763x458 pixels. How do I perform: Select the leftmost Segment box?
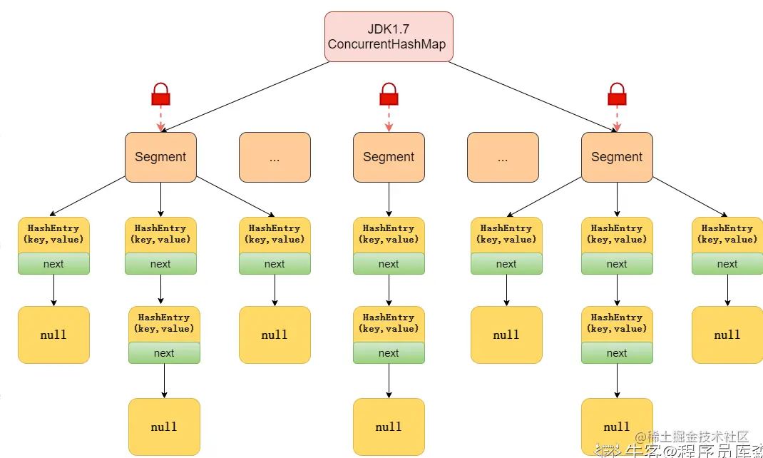click(x=160, y=157)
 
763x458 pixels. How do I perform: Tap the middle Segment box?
click(x=389, y=157)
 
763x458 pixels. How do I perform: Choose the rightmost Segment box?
click(x=617, y=157)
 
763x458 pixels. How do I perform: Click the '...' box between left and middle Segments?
click(x=275, y=157)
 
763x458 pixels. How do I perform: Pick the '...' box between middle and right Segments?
click(x=503, y=157)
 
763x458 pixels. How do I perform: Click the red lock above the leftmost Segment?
click(x=160, y=94)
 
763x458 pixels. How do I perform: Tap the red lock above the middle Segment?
click(x=389, y=94)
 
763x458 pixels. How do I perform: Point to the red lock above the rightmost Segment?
click(x=617, y=94)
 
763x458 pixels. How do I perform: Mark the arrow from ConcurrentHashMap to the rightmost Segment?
click(x=531, y=96)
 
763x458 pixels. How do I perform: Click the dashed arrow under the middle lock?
click(x=389, y=118)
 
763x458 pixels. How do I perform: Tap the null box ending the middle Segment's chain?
click(x=389, y=427)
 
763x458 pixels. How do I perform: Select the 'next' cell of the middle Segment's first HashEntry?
click(x=389, y=264)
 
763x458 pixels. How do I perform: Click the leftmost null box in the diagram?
click(x=53, y=335)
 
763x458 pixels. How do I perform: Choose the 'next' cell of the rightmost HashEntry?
click(x=727, y=264)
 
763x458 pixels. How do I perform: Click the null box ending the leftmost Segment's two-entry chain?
click(x=164, y=427)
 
